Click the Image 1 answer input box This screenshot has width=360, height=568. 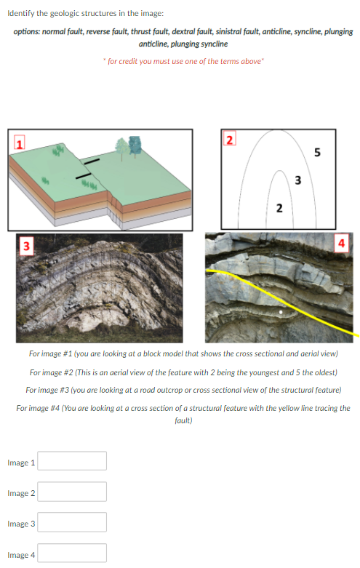(72, 460)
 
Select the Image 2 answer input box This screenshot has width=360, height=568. (72, 492)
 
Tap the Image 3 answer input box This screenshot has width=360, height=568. (72, 522)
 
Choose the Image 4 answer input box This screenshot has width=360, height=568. (72, 553)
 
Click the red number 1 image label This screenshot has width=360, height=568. (19, 143)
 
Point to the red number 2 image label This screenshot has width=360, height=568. (229, 138)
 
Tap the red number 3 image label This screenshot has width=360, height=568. (26, 246)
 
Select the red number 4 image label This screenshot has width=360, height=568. (341, 243)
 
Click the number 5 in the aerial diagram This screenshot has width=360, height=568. (317, 152)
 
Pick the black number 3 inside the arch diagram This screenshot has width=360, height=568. (297, 180)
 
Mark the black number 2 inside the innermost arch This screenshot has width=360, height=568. (279, 208)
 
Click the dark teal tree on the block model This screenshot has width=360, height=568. (135, 146)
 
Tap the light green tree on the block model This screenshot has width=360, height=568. (121, 149)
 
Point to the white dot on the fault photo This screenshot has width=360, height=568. (281, 311)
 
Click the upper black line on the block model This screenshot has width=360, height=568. (92, 161)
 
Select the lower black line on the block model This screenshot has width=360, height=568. (84, 176)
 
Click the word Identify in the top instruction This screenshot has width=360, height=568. (21, 13)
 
